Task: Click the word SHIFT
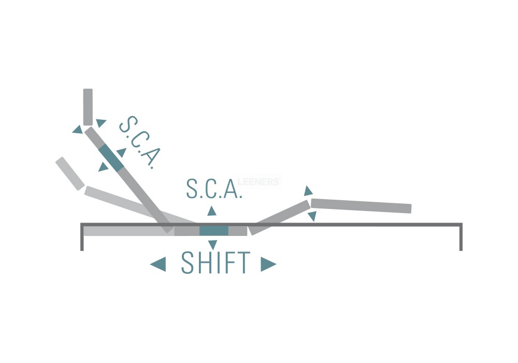(x=215, y=263)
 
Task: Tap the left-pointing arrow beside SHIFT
(x=158, y=264)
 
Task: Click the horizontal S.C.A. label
(x=214, y=189)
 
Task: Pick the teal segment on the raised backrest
(x=111, y=158)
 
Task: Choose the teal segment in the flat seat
(x=213, y=231)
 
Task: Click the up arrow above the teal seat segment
(x=212, y=211)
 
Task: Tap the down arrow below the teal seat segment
(x=212, y=245)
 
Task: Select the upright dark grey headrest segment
(x=88, y=106)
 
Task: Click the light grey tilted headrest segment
(x=70, y=173)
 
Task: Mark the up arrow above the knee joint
(x=308, y=191)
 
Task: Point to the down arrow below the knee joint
(x=311, y=216)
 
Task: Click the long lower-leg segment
(x=361, y=206)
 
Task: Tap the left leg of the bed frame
(x=82, y=239)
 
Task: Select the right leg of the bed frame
(x=461, y=239)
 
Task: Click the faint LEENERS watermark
(x=259, y=181)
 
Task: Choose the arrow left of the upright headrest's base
(x=78, y=129)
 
